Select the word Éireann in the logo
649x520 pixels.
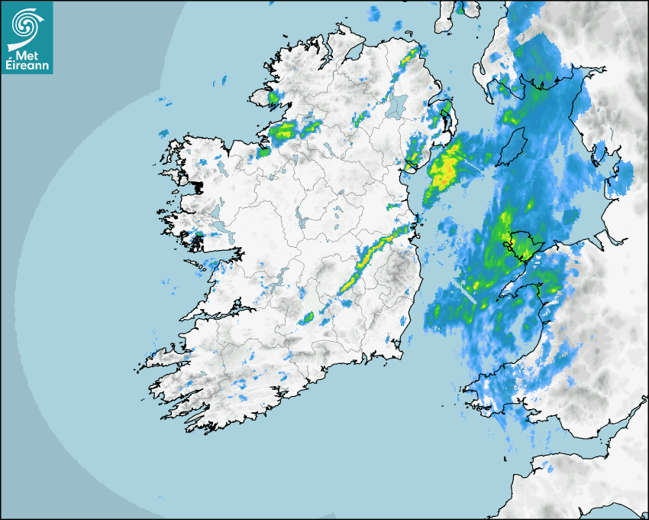(x=27, y=66)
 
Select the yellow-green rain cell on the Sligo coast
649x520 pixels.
(x=283, y=131)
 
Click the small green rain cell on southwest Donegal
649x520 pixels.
(x=275, y=98)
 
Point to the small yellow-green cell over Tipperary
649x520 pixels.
(x=308, y=317)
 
